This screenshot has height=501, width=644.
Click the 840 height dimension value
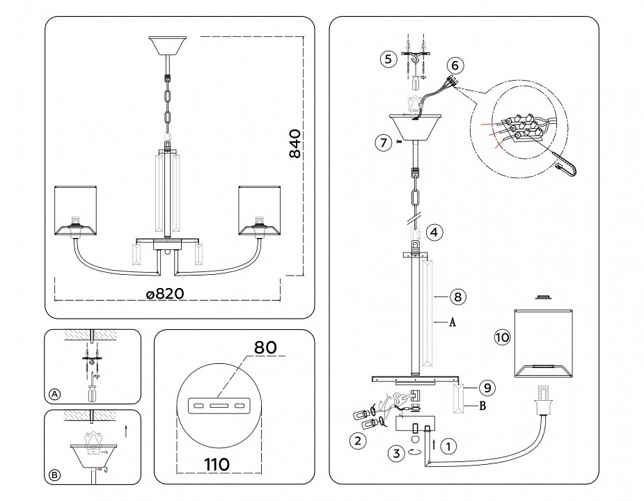coord(295,144)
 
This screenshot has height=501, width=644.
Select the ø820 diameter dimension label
coord(165,294)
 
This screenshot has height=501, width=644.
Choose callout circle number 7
coord(382,143)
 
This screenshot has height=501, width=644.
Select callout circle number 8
coord(457,297)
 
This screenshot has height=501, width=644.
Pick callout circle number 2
coord(357,440)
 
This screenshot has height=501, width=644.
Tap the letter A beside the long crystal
coord(453,323)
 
